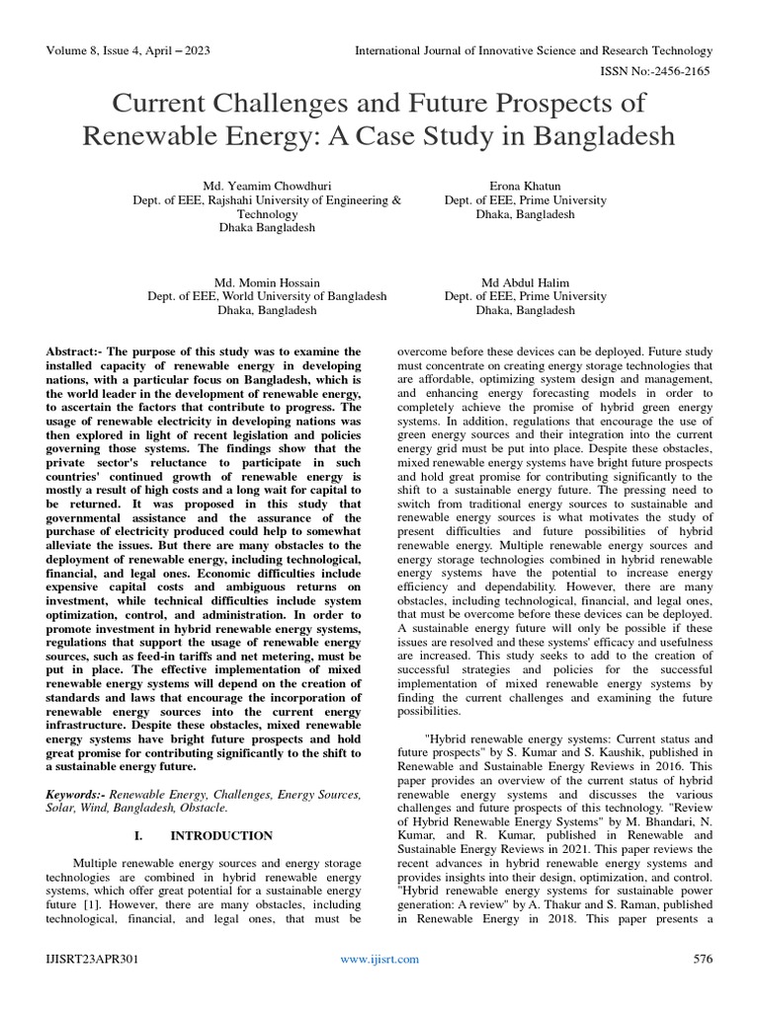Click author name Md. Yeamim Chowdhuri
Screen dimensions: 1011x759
click(267, 186)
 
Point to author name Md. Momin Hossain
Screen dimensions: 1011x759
click(267, 282)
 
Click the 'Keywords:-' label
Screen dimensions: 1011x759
click(77, 794)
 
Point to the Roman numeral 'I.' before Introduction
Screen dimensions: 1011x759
click(138, 835)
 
